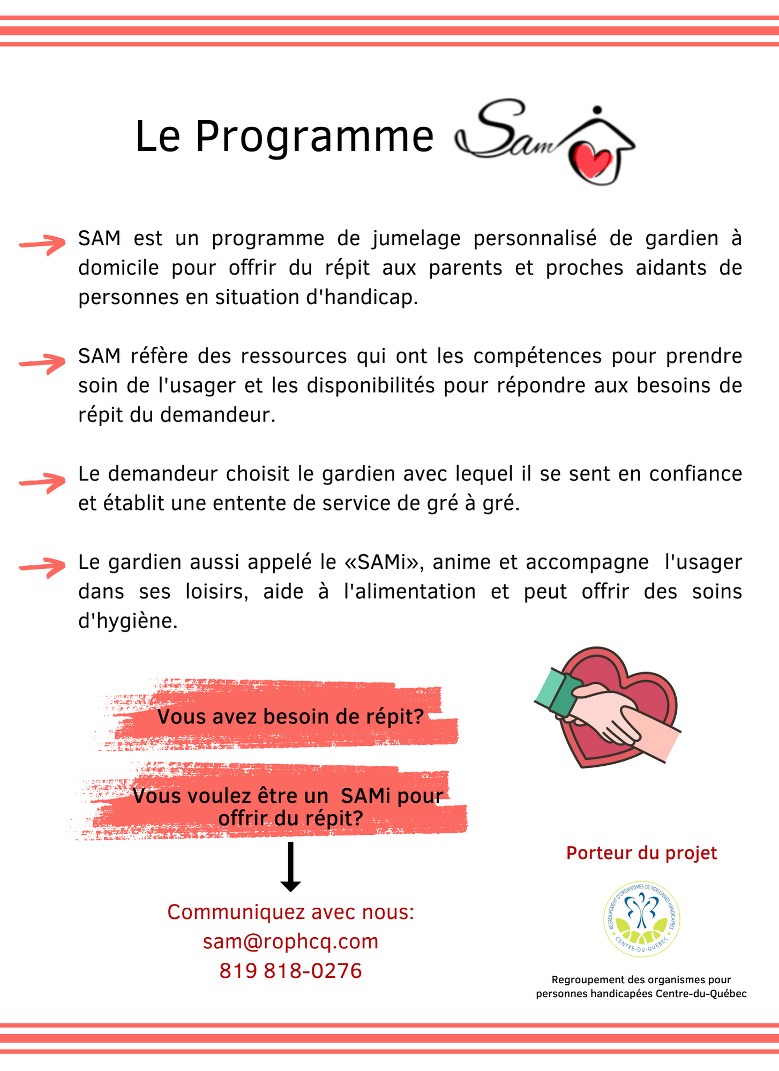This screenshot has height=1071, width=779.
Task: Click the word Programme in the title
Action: click(x=314, y=137)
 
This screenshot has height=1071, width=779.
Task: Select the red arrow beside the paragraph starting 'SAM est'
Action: click(x=42, y=244)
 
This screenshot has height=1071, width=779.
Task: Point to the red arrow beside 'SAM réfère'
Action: click(x=42, y=363)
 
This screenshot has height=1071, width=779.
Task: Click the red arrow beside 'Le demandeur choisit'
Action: click(x=42, y=482)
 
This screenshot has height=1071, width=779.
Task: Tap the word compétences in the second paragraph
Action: click(x=537, y=356)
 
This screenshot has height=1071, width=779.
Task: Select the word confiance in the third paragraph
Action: click(x=695, y=474)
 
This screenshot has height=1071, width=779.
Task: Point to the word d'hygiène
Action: click(x=128, y=621)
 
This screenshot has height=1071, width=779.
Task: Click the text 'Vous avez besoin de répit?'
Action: click(x=290, y=716)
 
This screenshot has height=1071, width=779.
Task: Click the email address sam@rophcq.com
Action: click(x=290, y=941)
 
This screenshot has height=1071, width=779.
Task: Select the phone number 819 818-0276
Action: click(x=290, y=970)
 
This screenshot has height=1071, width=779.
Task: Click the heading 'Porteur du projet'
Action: click(x=641, y=853)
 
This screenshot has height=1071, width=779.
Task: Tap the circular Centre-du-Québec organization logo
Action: click(x=641, y=919)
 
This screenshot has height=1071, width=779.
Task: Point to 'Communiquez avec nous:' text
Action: click(x=290, y=912)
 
